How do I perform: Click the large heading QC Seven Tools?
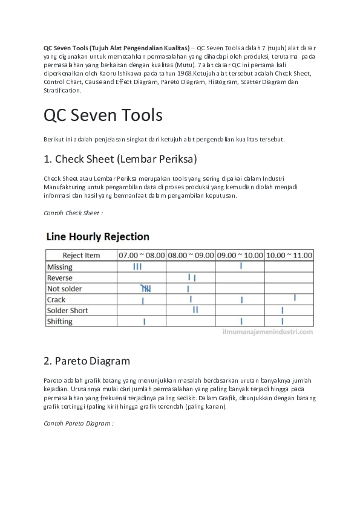(x=102, y=114)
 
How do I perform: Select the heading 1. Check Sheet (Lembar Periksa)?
(x=120, y=160)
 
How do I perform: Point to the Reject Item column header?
(x=81, y=255)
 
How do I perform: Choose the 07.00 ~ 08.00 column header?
(x=142, y=255)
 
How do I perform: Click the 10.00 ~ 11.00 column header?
(x=289, y=255)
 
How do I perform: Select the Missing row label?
(x=59, y=267)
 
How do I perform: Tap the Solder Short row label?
(x=67, y=311)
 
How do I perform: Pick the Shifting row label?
(x=60, y=322)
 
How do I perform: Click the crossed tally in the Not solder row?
(x=146, y=288)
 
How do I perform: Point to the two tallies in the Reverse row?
(x=192, y=277)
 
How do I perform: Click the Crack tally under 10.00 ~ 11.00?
(x=295, y=297)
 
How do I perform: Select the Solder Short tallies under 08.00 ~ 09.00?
(x=195, y=310)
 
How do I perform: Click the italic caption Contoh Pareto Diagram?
(x=78, y=423)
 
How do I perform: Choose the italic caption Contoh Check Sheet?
(x=73, y=213)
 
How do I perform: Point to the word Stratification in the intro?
(x=62, y=90)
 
